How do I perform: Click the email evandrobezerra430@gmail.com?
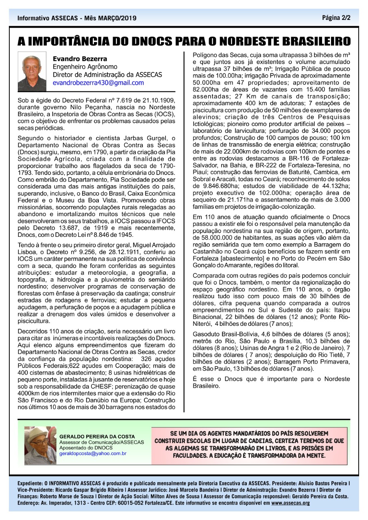98,83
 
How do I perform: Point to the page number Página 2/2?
336,18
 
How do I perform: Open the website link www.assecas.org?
290,503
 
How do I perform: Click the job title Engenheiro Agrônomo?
85,67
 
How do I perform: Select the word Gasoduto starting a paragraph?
207,333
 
